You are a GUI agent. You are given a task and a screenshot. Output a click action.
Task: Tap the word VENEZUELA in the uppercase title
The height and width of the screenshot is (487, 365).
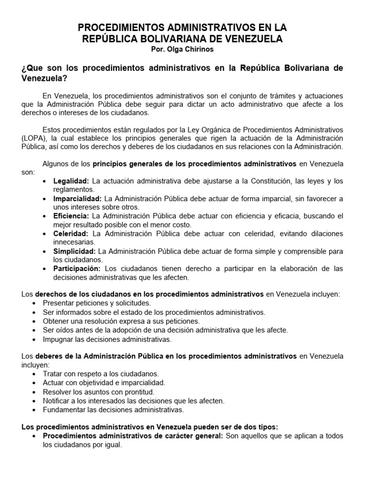pos(252,39)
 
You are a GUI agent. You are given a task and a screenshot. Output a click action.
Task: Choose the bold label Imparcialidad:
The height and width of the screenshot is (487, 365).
pos(77,199)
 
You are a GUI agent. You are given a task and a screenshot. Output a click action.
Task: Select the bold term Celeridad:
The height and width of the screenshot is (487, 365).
pos(71,234)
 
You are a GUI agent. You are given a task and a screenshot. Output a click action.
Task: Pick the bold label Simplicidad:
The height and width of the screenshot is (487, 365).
pos(74,251)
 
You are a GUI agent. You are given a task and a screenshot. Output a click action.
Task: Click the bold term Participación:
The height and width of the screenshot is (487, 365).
pos(77,269)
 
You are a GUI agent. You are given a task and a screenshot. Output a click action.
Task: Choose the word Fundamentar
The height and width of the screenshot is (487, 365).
pos(64,409)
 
